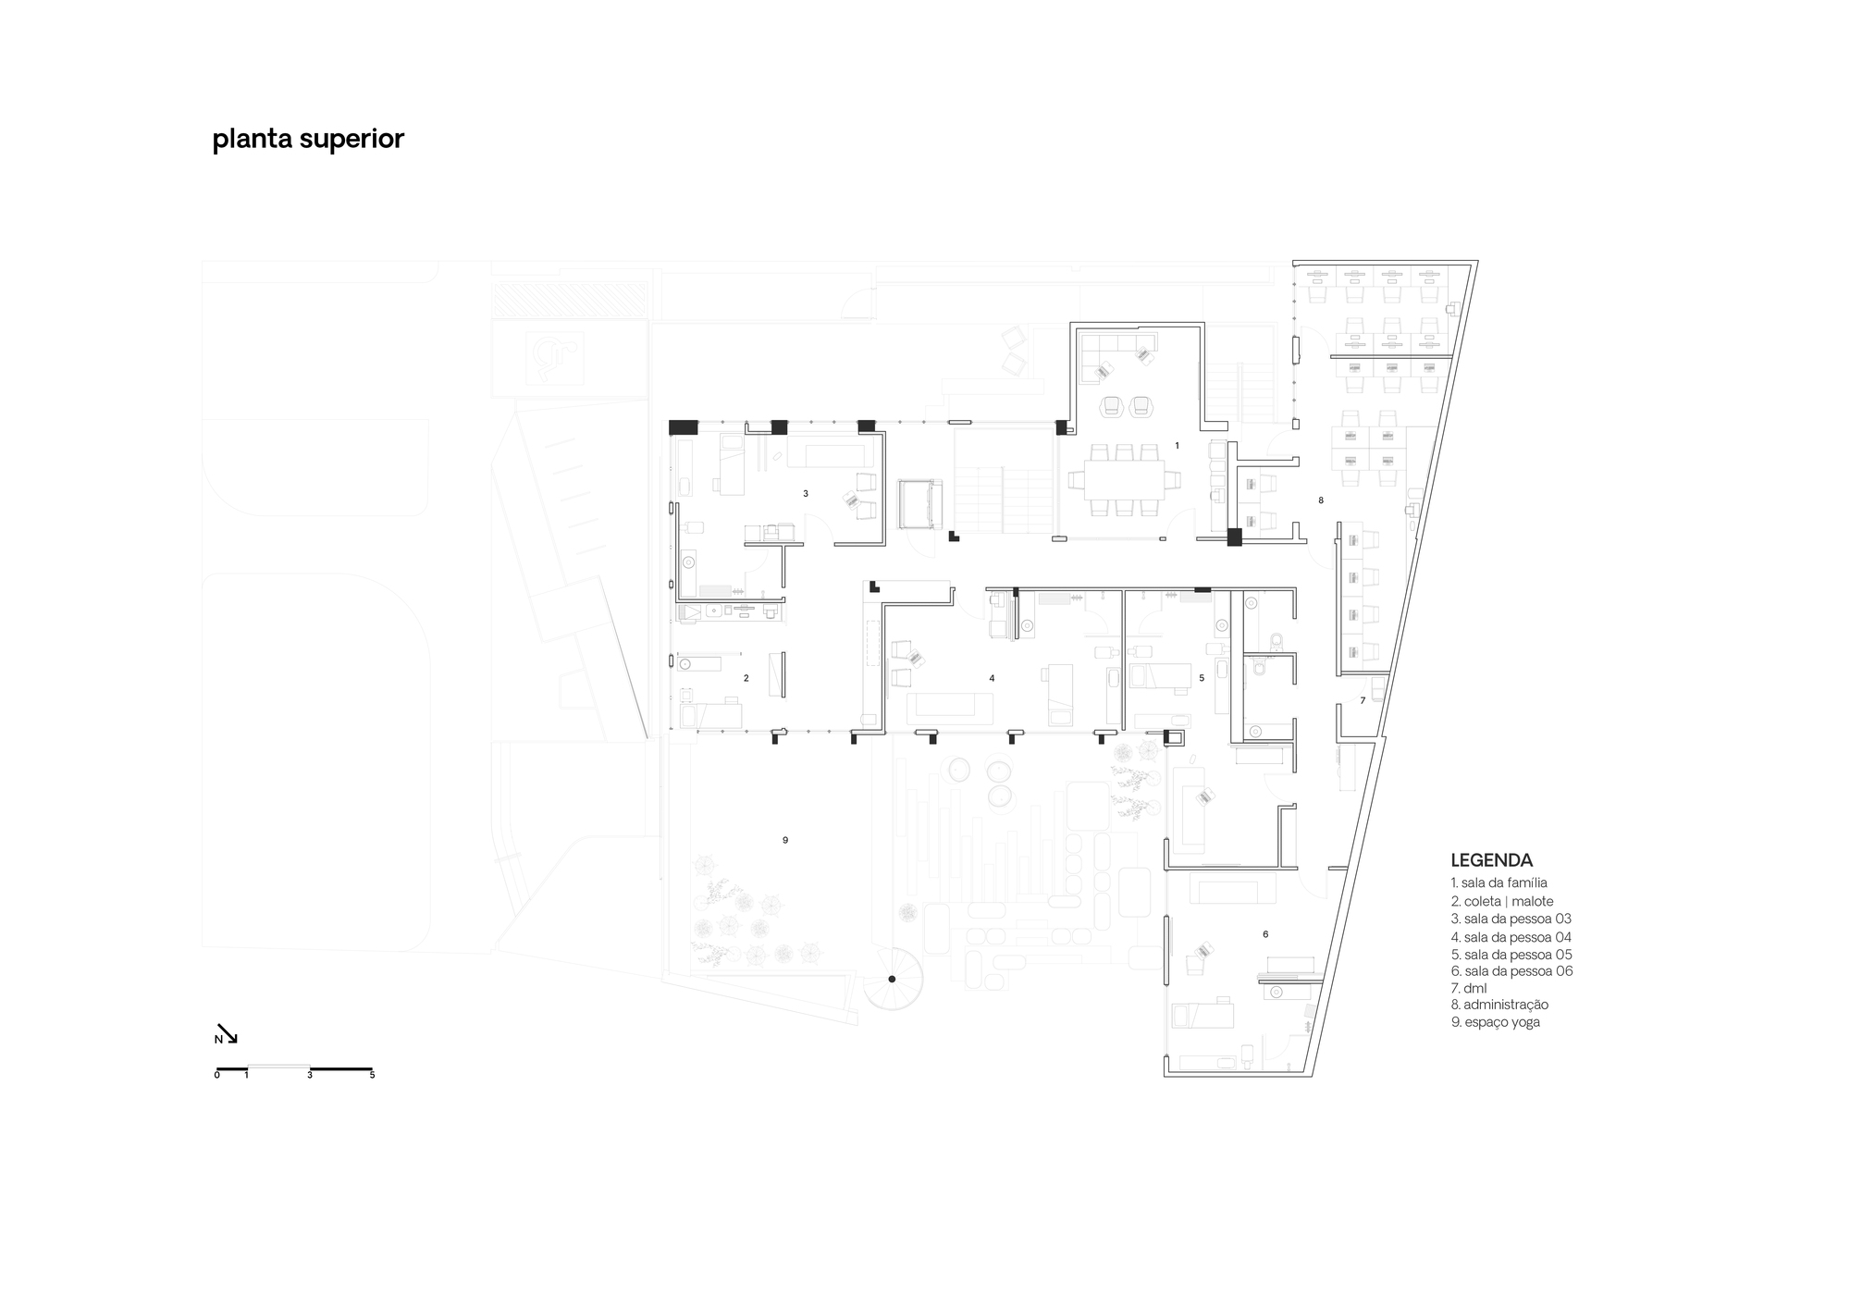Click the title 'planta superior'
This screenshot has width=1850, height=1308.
[x=308, y=139]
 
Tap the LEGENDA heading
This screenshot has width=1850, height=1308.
[x=1491, y=860]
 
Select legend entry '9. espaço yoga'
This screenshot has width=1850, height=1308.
[x=1495, y=1022]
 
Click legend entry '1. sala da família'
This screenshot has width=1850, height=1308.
[x=1498, y=882]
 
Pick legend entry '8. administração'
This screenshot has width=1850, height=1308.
[x=1499, y=1005]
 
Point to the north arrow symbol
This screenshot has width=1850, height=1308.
[x=228, y=1032]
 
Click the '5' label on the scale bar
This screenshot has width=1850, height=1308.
[x=372, y=1076]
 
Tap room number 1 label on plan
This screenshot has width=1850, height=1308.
[x=1177, y=446]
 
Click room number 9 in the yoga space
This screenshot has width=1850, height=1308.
[x=785, y=840]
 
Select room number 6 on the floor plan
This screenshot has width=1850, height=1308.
[x=1265, y=934]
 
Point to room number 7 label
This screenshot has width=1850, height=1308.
[x=1363, y=701]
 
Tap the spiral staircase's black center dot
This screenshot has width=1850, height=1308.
[x=892, y=979]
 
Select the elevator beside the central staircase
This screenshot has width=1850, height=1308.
[x=920, y=503]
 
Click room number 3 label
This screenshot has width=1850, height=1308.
[x=806, y=494]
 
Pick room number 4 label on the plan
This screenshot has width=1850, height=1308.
[x=992, y=678]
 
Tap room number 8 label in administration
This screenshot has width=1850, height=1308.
[x=1321, y=500]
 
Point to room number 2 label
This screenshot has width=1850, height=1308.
[x=746, y=678]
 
